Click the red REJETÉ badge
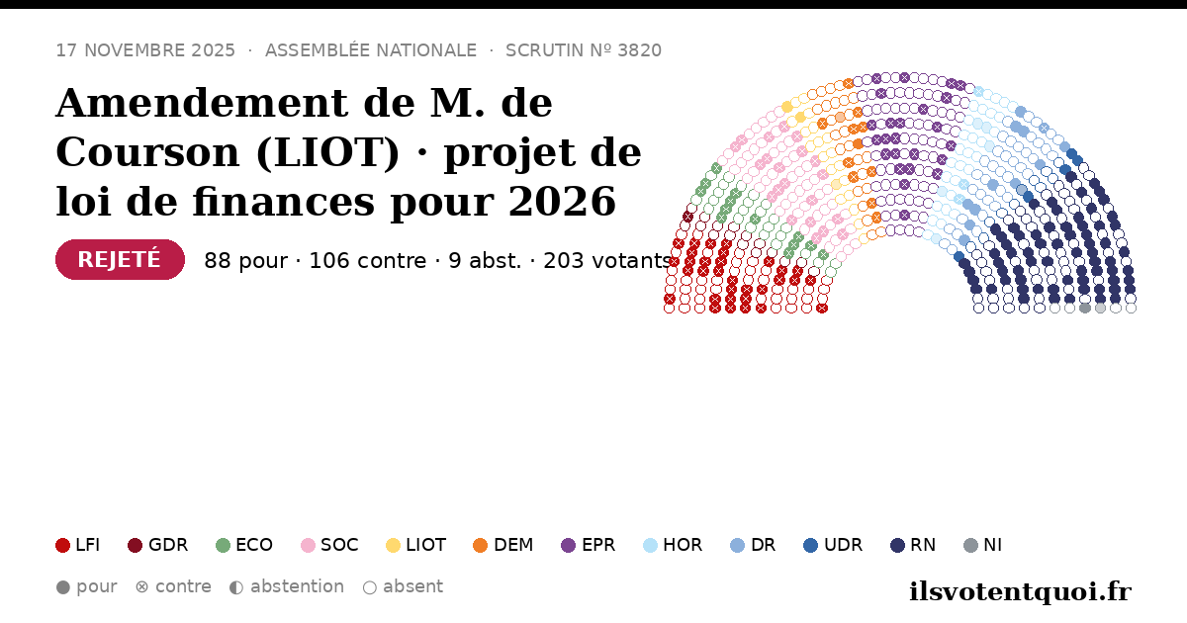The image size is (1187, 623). click(120, 259)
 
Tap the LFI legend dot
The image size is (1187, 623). click(62, 545)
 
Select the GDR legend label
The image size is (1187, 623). click(168, 545)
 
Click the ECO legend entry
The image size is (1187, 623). click(244, 545)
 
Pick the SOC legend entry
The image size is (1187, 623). click(329, 545)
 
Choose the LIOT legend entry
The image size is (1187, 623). click(416, 545)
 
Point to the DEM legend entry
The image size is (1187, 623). click(502, 545)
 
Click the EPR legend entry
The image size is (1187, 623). click(589, 545)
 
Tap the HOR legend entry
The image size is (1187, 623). click(673, 545)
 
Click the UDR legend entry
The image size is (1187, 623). click(833, 545)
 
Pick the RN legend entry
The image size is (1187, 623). click(913, 545)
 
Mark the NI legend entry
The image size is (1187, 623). click(983, 545)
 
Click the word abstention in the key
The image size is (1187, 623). click(298, 586)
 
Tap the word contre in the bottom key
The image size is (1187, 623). click(183, 586)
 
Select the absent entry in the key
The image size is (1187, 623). click(404, 586)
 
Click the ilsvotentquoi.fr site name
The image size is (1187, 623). click(1020, 591)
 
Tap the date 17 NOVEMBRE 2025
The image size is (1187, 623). click(145, 50)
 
